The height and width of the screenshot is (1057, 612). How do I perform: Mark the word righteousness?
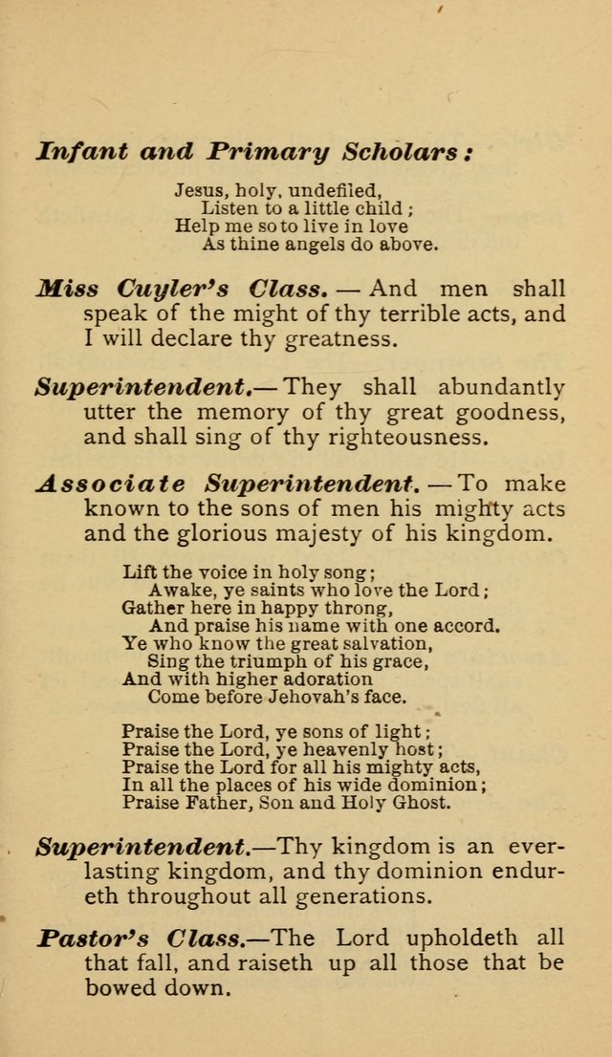406,439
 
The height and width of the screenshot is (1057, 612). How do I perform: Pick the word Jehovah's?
317,696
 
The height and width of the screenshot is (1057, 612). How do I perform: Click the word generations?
372,897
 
